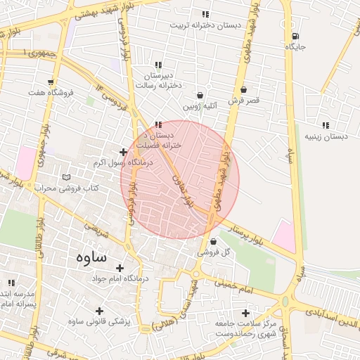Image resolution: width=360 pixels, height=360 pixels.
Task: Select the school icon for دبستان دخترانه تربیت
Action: point(205,14)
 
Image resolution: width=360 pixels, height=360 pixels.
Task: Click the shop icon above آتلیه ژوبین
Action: point(200,95)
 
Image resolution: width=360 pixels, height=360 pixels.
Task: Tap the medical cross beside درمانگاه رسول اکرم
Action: point(123,152)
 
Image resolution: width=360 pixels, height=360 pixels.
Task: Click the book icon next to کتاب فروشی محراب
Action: point(67,177)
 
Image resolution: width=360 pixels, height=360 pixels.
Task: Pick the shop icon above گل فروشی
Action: point(213,241)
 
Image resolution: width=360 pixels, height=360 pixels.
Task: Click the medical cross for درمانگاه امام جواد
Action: point(120,268)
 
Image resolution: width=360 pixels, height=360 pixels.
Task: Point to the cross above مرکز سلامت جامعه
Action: point(245,313)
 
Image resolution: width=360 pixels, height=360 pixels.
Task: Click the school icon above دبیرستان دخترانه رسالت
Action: point(158,65)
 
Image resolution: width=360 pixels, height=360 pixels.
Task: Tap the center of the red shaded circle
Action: point(180,179)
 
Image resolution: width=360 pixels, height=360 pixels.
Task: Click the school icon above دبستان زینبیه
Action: point(325,125)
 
